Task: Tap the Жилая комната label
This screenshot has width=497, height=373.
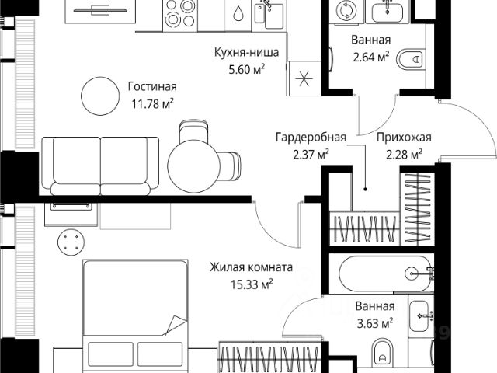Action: click(251, 268)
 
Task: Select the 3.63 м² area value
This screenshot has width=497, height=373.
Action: click(375, 322)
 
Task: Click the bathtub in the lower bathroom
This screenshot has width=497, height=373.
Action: click(384, 273)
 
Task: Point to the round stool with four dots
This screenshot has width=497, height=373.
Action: click(71, 241)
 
